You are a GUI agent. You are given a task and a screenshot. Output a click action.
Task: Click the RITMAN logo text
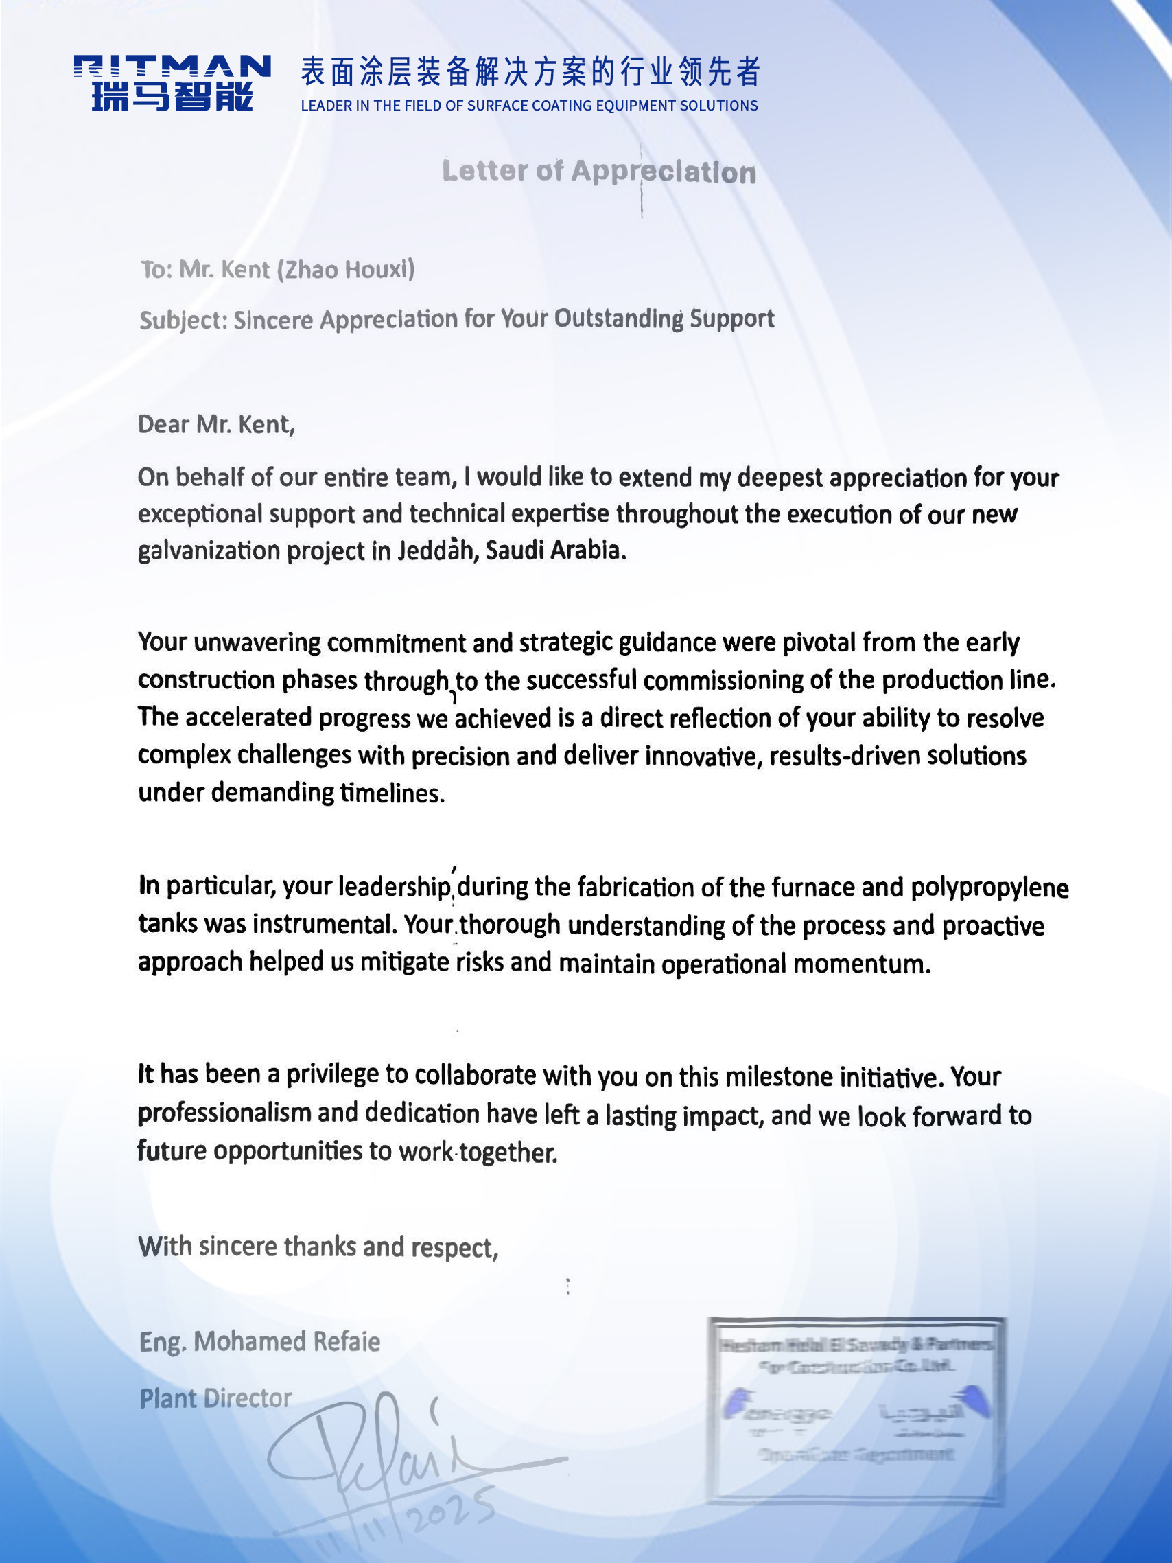[172, 68]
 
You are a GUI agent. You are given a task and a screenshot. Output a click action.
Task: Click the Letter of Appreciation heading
[598, 172]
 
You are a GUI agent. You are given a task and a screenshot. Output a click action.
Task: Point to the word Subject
[183, 320]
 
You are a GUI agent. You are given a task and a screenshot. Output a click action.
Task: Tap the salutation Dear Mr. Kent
[216, 424]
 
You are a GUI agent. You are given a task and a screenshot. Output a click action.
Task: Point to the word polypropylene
[989, 888]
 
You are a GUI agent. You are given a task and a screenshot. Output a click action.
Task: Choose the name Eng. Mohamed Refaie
[259, 1342]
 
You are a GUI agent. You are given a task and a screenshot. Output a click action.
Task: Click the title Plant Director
[215, 1398]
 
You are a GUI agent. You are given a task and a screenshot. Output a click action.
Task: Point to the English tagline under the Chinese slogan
[529, 106]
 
